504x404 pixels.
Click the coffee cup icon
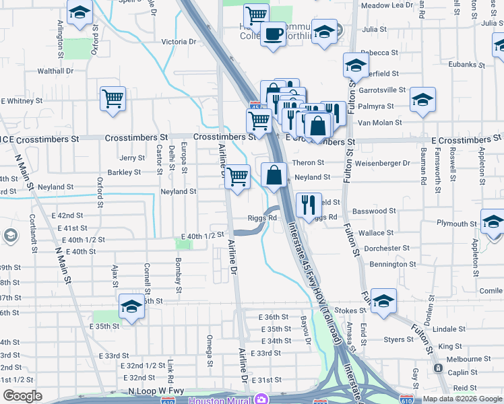[x=273, y=33]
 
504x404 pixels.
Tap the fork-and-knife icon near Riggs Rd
[x=309, y=205]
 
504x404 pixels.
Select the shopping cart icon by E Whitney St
[x=113, y=98]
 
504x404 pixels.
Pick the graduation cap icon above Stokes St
[x=383, y=300]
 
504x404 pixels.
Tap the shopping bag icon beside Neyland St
[x=274, y=174]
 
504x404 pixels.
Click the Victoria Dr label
[x=179, y=42]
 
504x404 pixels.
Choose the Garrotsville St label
[x=381, y=90]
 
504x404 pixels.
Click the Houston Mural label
[x=220, y=400]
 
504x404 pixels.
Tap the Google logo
[x=22, y=396]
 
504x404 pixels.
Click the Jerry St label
[x=132, y=158]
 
